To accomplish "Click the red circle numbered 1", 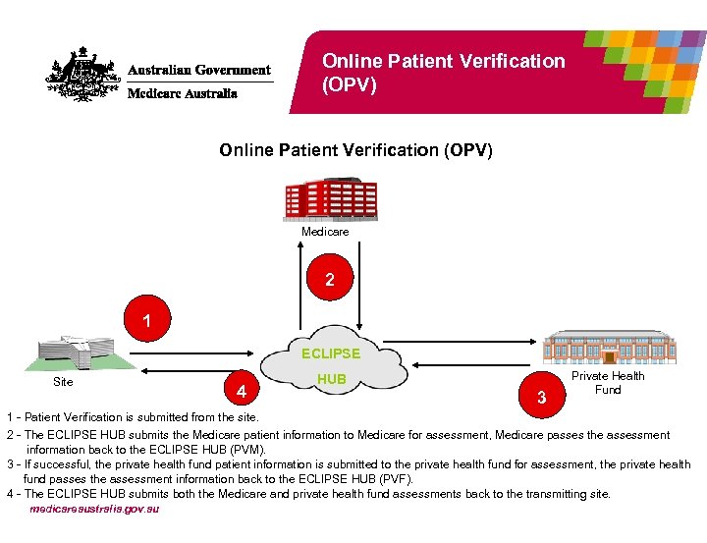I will [146, 321].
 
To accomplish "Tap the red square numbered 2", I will [330, 280].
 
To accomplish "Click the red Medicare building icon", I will [323, 199].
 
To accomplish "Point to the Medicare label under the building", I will [324, 232].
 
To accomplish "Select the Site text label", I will [63, 382].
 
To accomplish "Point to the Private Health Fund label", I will [608, 383].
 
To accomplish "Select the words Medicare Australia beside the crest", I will [182, 94].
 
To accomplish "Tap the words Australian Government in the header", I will [199, 71].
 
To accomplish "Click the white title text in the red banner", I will [444, 73].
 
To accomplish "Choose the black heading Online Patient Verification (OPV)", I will [355, 150].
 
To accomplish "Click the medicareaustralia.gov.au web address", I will [94, 509].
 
